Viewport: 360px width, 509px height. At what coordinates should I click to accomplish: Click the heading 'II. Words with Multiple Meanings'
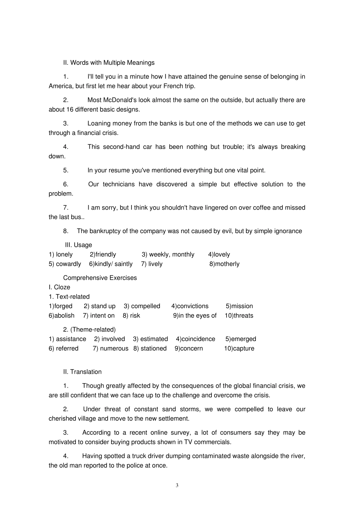[109, 63]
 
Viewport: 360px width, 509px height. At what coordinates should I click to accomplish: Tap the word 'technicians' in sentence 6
[119, 184]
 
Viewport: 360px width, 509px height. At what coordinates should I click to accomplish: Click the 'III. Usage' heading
[78, 245]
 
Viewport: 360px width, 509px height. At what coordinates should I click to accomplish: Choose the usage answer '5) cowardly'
[65, 264]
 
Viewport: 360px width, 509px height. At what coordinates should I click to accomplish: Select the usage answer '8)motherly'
[224, 264]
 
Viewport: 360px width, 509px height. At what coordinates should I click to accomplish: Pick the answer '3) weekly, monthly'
[168, 255]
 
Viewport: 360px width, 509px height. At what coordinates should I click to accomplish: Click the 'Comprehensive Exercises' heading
[100, 278]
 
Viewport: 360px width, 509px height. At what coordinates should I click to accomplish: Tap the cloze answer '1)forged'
[61, 306]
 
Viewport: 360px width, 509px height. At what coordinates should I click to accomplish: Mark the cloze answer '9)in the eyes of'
[195, 316]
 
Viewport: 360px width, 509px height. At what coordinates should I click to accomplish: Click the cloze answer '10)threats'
[239, 316]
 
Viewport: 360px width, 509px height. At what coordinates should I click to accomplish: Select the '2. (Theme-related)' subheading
[89, 330]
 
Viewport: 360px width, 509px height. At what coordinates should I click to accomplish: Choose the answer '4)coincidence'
[196, 339]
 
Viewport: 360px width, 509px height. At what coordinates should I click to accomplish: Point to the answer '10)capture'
[239, 349]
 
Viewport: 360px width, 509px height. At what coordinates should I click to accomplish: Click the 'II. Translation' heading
[82, 372]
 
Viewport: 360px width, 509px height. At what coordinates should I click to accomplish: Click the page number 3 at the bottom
[177, 486]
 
